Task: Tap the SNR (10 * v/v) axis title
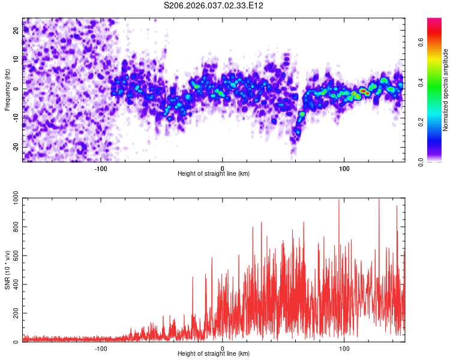tap(7, 270)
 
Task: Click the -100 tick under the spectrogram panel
tap(101, 168)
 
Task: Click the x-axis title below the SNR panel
tap(214, 354)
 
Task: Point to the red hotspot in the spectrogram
tap(364, 91)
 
